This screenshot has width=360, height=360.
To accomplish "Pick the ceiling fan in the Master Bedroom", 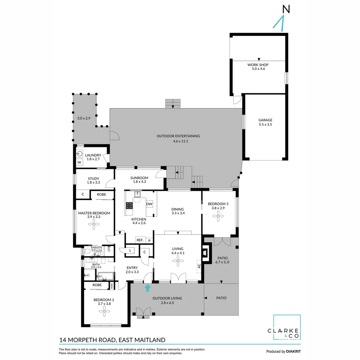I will click(94, 224).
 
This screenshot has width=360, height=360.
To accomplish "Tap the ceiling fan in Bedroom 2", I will click(104, 312).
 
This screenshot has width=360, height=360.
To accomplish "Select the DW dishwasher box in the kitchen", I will click(149, 204).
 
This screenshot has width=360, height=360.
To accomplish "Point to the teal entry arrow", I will click(147, 288).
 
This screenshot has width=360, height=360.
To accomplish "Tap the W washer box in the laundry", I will click(79, 163).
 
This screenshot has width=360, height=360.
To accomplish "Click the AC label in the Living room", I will click(199, 266).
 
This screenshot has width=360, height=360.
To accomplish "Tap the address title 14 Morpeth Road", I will click(112, 340).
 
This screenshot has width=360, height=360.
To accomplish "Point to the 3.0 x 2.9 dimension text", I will click(84, 118).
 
